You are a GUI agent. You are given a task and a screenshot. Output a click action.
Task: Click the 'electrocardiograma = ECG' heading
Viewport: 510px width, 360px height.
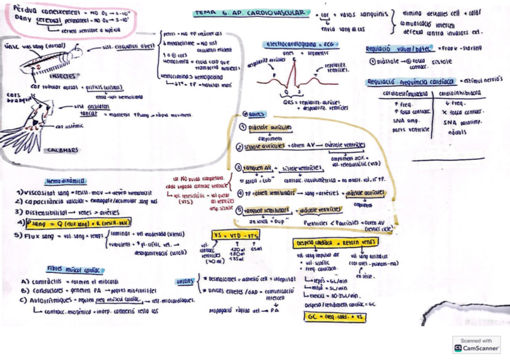[x=292, y=44]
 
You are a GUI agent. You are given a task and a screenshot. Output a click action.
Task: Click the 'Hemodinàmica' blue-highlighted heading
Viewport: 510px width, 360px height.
[x=66, y=180]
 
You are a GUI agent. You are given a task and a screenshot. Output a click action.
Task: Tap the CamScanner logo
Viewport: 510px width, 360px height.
[x=476, y=345]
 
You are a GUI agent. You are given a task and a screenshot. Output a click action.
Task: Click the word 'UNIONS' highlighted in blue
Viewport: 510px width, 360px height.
[x=185, y=281]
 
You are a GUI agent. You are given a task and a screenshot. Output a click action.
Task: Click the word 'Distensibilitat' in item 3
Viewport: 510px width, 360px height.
[x=46, y=212]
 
